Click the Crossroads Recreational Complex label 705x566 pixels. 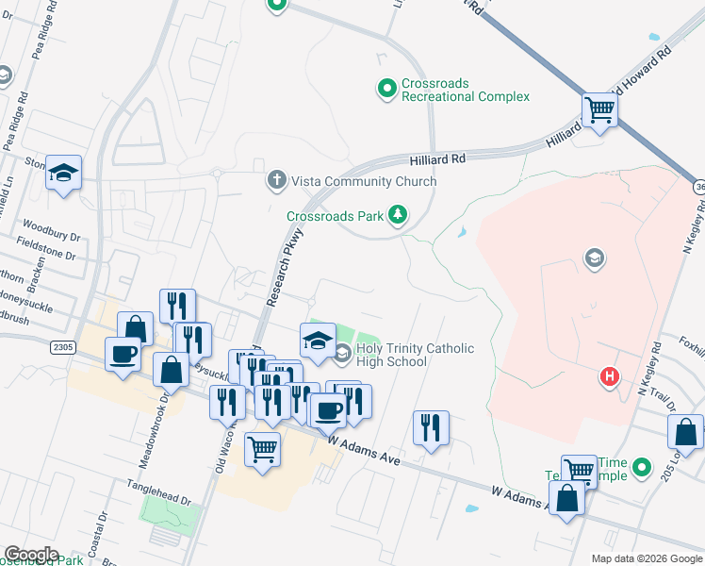point(466,90)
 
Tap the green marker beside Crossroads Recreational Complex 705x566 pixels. point(385,89)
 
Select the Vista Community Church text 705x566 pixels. point(364,181)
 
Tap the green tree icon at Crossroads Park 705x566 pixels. point(399,216)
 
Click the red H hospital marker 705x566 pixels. point(610,376)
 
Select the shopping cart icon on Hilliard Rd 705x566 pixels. point(599,110)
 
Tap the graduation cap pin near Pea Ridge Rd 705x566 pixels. point(64,173)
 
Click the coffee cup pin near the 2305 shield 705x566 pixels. point(123,355)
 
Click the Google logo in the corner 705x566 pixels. point(31,554)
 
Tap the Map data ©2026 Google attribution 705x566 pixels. point(646,558)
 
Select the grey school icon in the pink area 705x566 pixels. point(594,257)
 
